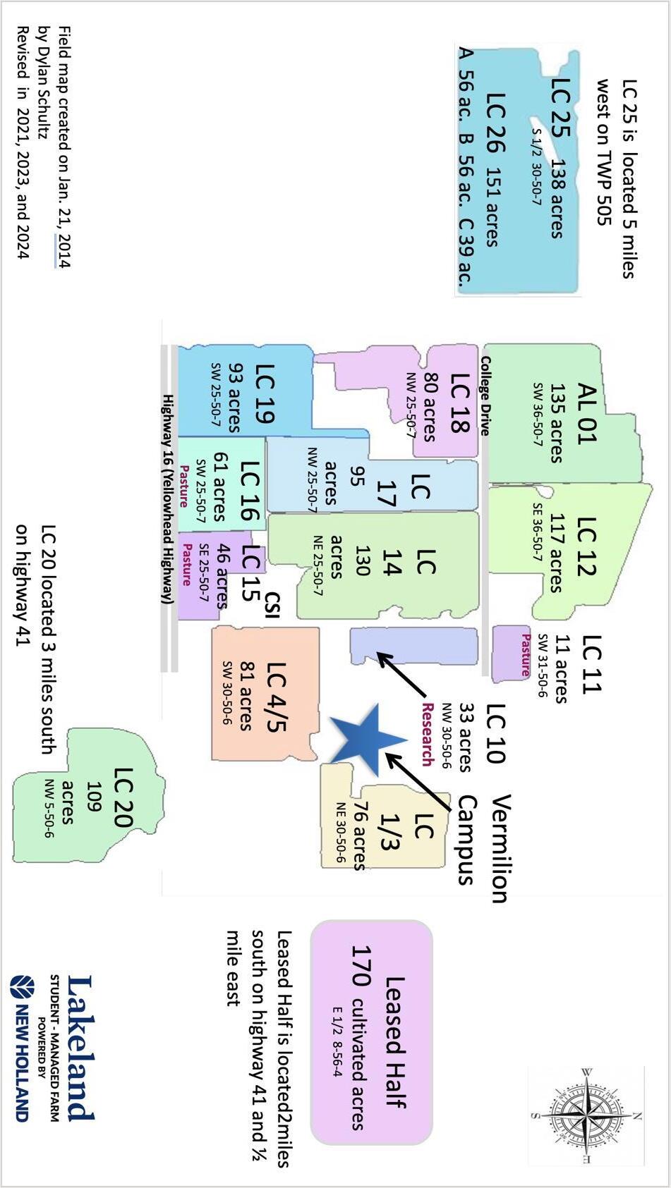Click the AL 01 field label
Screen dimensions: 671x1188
[586, 413]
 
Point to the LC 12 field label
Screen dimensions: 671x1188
[586, 546]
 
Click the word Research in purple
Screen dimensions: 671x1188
[428, 733]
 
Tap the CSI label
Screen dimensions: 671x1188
[272, 605]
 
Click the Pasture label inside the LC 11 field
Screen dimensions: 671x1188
[525, 655]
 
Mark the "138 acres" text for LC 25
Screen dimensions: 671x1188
[557, 198]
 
